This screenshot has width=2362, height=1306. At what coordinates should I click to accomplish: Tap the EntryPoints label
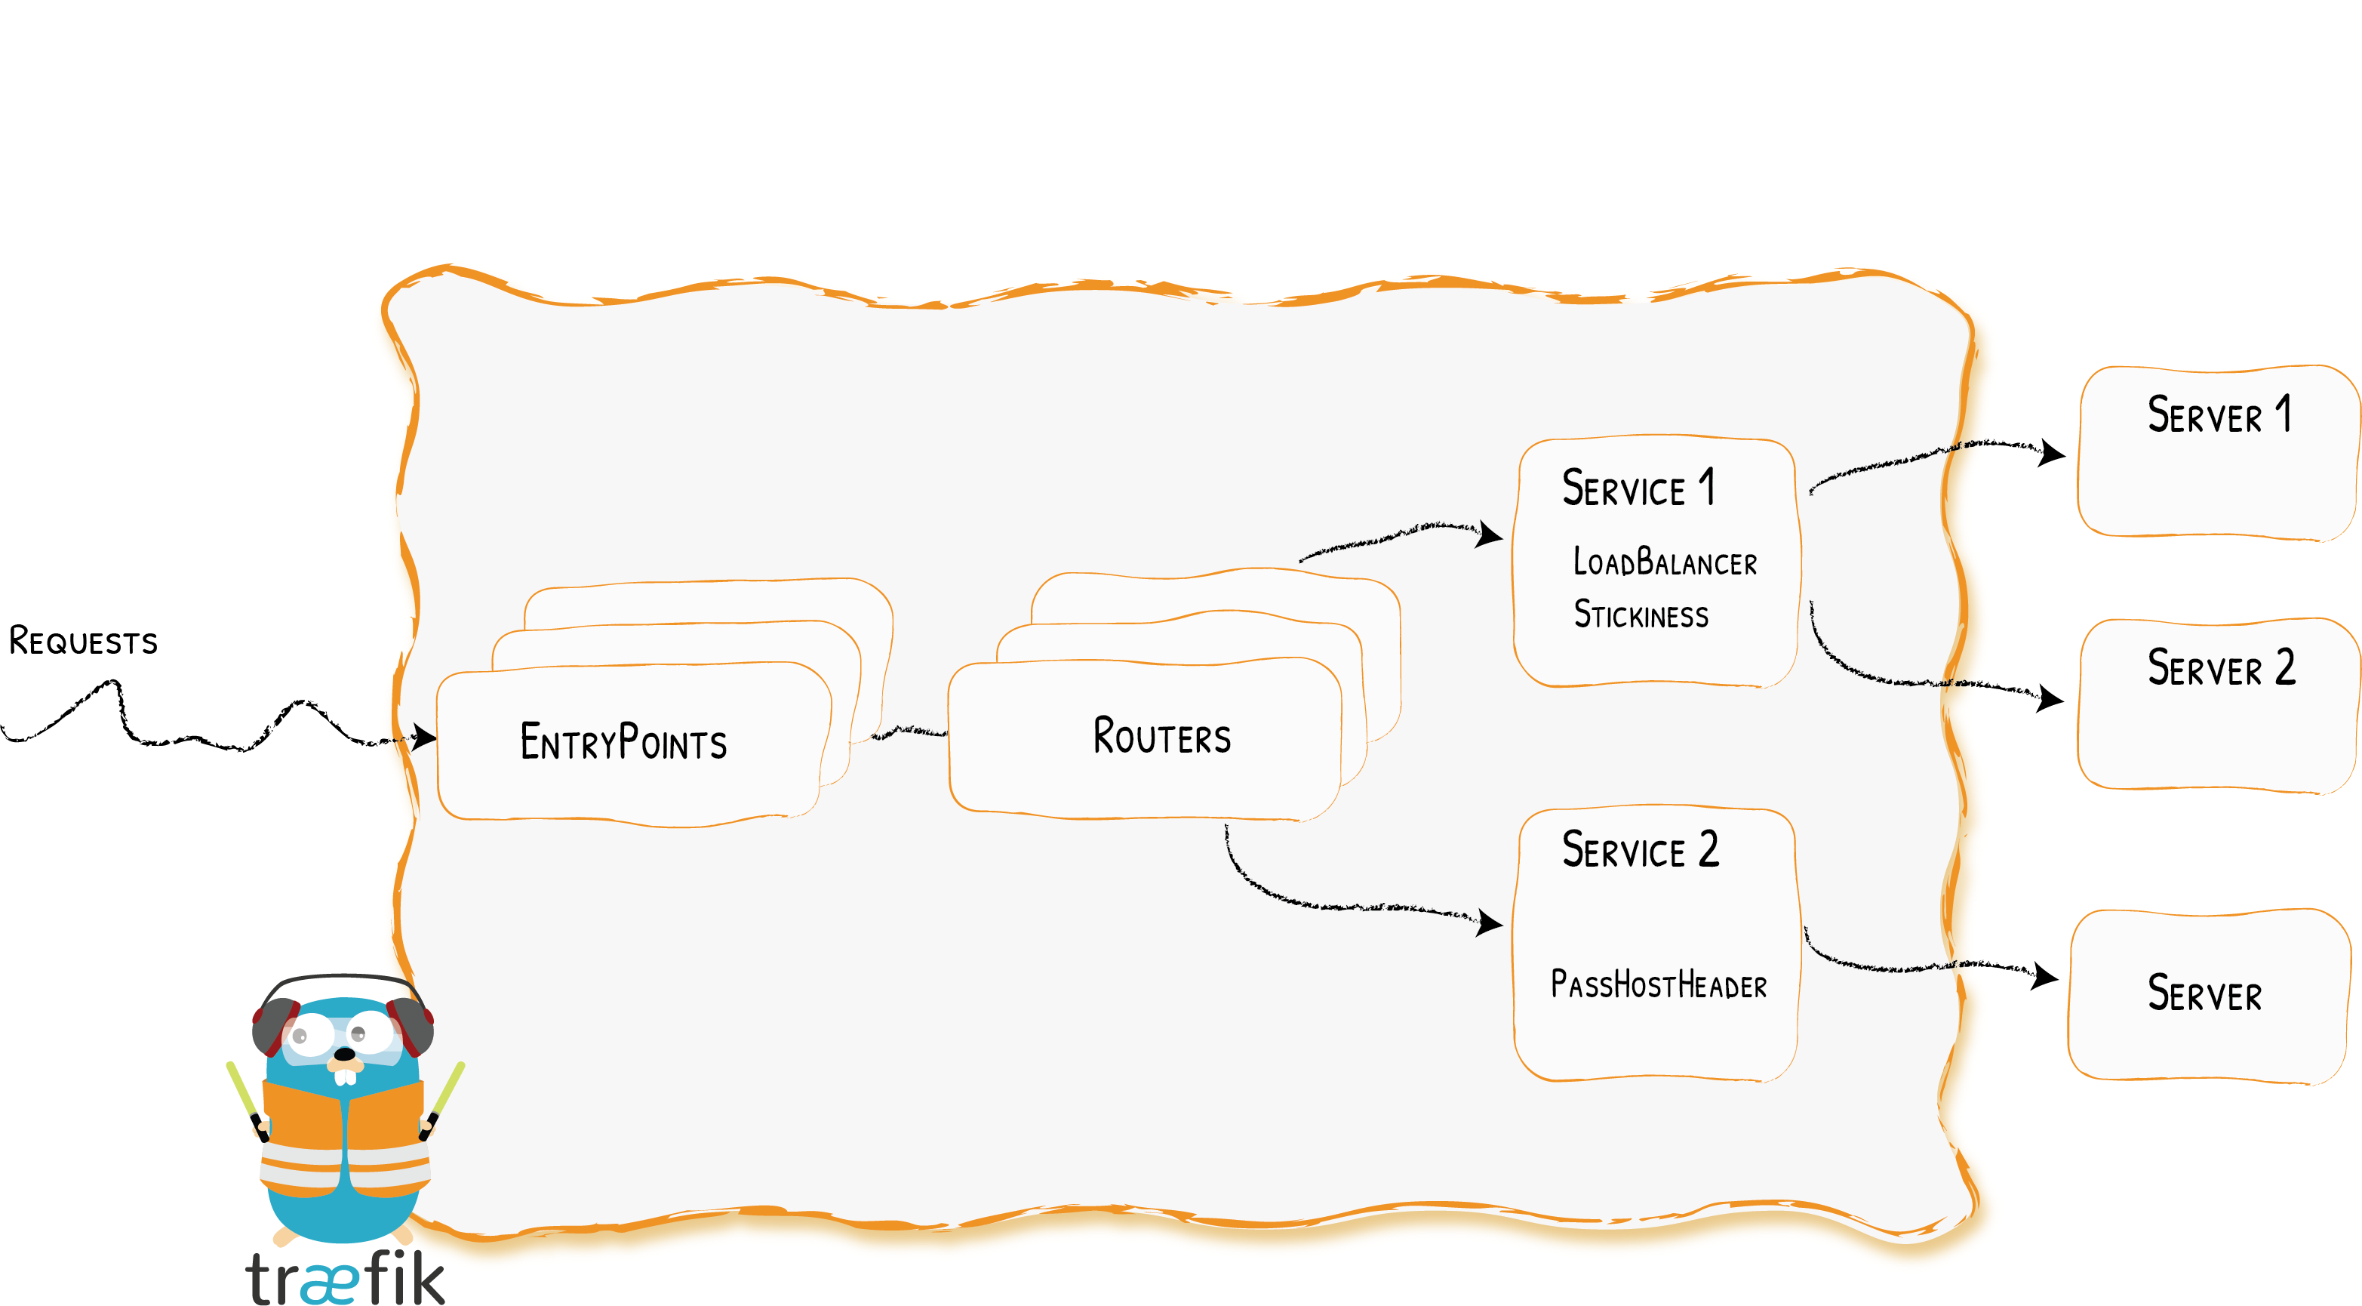point(623,742)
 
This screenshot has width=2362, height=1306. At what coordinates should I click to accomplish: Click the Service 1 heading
point(1638,488)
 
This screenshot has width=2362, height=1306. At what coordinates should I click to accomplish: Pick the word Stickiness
point(1641,614)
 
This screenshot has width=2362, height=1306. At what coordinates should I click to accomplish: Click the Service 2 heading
point(1640,850)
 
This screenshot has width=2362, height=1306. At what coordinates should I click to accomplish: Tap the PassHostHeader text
point(1659,985)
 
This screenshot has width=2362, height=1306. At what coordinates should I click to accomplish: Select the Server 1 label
point(2219,415)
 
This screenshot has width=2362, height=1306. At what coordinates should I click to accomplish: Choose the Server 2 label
point(2221,667)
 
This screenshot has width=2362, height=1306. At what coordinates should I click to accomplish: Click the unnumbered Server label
point(2204,994)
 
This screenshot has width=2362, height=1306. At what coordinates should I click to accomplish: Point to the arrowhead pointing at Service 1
point(1489,534)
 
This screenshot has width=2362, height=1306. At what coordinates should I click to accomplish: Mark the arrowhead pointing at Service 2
point(1489,923)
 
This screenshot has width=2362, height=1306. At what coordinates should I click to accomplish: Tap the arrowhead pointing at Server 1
point(2051,452)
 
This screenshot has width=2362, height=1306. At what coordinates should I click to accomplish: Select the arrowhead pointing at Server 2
point(2050,699)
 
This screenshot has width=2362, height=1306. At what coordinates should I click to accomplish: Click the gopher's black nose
point(344,1055)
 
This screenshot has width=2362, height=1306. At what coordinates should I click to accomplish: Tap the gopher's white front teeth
point(345,1076)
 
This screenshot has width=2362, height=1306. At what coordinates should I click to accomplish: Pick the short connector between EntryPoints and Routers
point(908,732)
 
